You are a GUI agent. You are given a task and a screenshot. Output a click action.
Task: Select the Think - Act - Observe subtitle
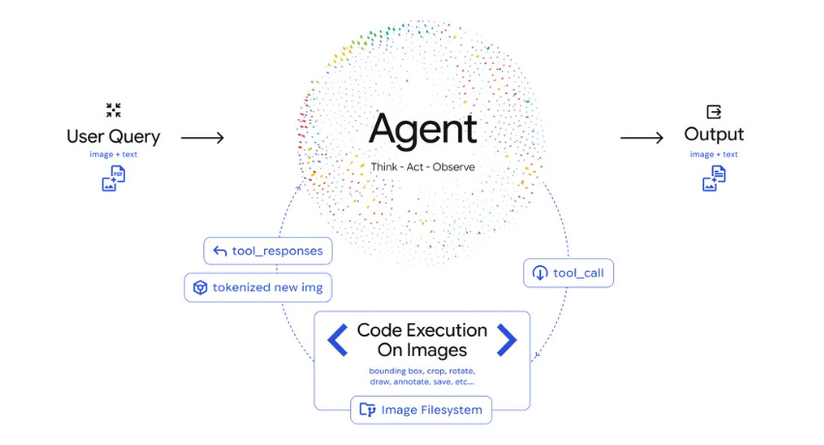[x=423, y=167]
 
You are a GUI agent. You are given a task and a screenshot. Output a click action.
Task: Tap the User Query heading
[x=113, y=136]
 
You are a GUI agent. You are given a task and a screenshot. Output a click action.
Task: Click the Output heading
[x=714, y=134]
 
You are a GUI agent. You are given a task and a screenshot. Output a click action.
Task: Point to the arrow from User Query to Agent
[x=202, y=138]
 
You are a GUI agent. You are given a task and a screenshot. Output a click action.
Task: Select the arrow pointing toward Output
[x=641, y=138]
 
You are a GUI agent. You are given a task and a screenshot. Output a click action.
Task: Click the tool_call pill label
[x=569, y=273]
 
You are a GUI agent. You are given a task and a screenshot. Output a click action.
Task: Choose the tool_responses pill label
[x=268, y=252]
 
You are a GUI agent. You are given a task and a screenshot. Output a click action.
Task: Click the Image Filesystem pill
[x=421, y=410]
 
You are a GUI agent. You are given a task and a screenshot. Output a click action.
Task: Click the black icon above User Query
[x=113, y=110]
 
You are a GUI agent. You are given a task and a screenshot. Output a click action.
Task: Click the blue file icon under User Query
[x=113, y=178]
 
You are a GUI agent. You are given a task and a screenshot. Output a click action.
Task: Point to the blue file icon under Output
[x=714, y=178]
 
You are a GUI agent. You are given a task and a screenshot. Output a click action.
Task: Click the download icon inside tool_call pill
[x=539, y=273]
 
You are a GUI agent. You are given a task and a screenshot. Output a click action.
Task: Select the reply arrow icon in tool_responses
[x=219, y=252]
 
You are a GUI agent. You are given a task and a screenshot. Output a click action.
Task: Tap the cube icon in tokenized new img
[x=199, y=287]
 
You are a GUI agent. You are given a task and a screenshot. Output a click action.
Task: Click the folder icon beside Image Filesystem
[x=367, y=410]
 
